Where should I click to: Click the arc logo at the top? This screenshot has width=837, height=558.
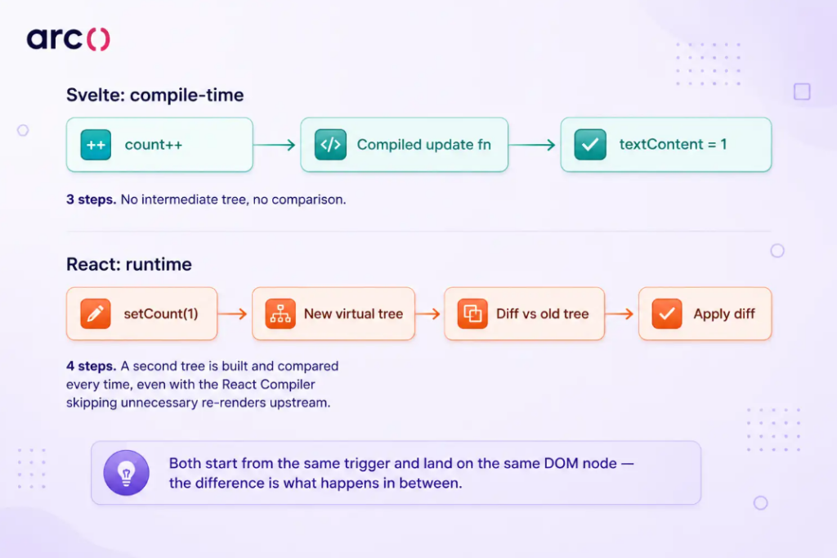coord(69,39)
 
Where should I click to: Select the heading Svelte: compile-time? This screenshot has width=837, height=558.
coord(154,95)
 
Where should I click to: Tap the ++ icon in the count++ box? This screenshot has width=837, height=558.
coord(96,145)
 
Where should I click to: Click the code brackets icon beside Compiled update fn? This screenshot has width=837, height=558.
coord(330,145)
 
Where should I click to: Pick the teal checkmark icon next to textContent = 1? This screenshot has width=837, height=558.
coord(590,145)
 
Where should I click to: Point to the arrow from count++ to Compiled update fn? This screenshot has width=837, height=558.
coord(275,145)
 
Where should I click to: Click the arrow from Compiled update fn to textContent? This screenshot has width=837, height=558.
coord(532,145)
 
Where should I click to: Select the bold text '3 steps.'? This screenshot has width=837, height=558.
coord(91,200)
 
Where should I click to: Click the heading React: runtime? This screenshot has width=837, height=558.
coord(128,264)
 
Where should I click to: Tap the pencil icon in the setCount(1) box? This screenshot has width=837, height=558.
coord(96,313)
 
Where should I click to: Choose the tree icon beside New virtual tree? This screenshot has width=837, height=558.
coord(280,313)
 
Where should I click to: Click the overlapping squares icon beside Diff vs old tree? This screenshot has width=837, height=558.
coord(472,313)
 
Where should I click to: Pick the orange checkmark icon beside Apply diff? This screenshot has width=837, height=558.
coord(667,313)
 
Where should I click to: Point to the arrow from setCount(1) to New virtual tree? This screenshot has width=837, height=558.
coord(233,313)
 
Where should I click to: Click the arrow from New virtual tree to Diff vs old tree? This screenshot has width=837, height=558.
coord(428,313)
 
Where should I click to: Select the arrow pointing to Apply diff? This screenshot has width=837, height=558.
coord(620,313)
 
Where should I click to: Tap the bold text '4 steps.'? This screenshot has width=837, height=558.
coord(91,367)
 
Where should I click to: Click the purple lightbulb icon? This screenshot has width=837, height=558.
coord(127,473)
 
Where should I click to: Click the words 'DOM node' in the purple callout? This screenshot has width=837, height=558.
coord(580,463)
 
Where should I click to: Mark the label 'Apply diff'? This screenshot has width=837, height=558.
coord(724,314)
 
